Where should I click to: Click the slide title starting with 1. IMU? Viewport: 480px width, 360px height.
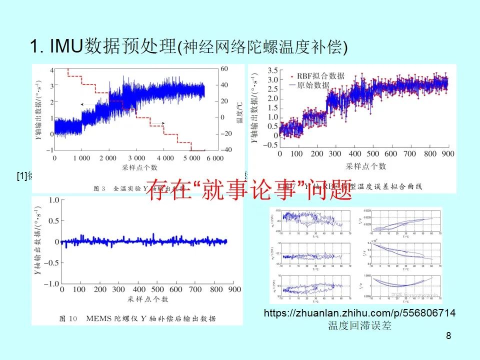[188, 46]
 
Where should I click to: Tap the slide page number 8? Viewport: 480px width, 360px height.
[448, 336]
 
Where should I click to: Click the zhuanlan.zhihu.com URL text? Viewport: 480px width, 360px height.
[359, 313]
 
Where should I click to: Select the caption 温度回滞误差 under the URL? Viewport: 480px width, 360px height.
[359, 326]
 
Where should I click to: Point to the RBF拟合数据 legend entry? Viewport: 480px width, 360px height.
[320, 76]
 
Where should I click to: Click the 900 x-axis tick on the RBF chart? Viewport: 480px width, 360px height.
[448, 154]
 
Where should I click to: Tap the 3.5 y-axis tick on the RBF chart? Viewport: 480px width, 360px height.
[273, 70]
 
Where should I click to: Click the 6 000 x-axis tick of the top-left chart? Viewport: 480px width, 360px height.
[214, 158]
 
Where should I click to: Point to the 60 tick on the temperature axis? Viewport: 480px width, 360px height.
[224, 69]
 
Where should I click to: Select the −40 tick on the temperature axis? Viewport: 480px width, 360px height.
[227, 150]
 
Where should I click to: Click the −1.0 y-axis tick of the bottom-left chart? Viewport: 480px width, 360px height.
[50, 284]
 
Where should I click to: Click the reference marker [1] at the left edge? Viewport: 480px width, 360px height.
[21, 175]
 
